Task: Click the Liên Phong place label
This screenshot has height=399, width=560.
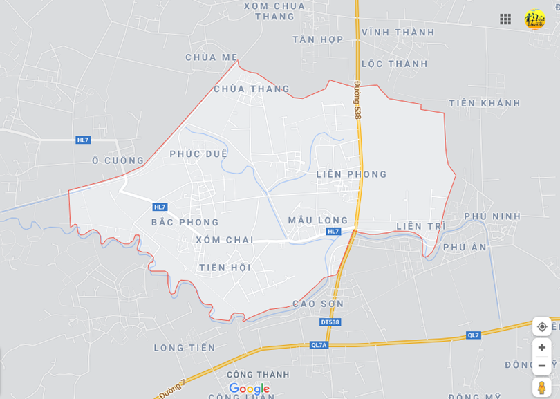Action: coord(351,174)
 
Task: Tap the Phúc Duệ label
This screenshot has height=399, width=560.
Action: coord(198,154)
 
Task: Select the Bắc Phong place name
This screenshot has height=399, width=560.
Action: coord(185,222)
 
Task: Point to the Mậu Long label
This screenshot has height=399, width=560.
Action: coord(318,220)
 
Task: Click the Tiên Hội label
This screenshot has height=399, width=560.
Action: coord(224,268)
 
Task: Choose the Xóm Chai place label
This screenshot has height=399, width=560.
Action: coord(224,240)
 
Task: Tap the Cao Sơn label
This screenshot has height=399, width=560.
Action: coord(318,304)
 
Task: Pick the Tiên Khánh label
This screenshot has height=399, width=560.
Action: coord(484,104)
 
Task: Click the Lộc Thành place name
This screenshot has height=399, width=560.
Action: coord(394,64)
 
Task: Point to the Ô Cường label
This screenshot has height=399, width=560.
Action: coord(118,160)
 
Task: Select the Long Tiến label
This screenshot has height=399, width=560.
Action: coord(185,348)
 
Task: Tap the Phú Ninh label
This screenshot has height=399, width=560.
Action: coord(492,216)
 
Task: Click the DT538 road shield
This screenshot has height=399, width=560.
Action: coord(330,322)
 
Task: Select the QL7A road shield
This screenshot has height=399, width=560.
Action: coord(319,345)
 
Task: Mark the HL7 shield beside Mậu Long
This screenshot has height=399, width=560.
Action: coord(333,232)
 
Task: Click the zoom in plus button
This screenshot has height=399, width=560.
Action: coord(542,347)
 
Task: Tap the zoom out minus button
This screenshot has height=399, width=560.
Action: coord(542,365)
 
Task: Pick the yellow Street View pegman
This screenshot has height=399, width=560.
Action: coord(542,387)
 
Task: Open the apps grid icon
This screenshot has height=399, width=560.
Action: coord(505,19)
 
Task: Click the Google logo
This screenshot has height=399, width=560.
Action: coord(249,389)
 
